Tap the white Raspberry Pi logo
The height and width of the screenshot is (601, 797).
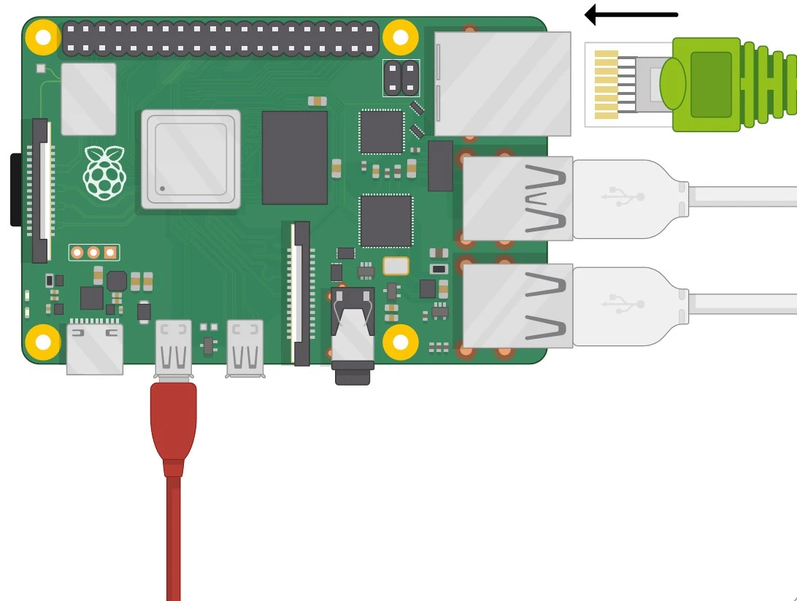(x=104, y=172)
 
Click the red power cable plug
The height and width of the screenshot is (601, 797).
(x=173, y=424)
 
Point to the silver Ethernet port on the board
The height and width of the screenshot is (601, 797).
(x=502, y=83)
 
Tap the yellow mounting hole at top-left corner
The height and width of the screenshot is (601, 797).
(x=43, y=37)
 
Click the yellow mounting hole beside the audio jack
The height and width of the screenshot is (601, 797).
(x=401, y=342)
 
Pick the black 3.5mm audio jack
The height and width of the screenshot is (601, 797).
(x=353, y=332)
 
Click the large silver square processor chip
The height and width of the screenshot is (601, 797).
(x=190, y=159)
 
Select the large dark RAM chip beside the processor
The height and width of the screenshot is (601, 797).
(x=294, y=157)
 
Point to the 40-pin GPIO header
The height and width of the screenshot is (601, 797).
(x=220, y=39)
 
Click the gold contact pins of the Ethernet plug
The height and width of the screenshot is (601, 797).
(x=607, y=85)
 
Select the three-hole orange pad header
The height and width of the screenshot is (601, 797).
(x=93, y=253)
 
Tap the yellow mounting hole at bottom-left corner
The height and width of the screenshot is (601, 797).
(x=43, y=342)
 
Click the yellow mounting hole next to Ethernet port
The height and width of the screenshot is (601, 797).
(x=401, y=37)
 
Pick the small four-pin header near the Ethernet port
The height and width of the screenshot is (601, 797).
(x=401, y=78)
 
